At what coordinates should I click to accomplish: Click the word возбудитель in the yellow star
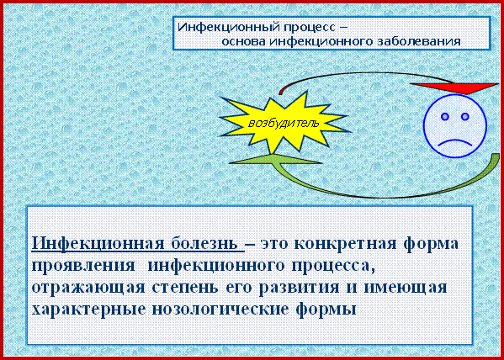coord(284,124)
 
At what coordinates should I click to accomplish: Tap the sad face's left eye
coord(445,117)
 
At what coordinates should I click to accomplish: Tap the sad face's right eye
coord(464,117)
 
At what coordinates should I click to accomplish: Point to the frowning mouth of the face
coord(455,142)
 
